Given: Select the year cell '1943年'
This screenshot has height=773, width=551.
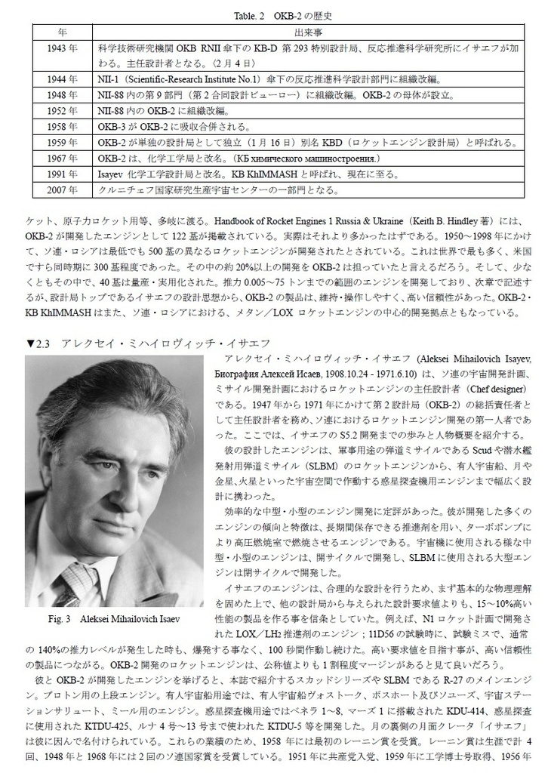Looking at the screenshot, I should [62, 48].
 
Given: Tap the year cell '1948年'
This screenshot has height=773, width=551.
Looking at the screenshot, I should [62, 95].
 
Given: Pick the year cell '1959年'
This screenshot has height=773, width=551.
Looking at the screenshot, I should [62, 142].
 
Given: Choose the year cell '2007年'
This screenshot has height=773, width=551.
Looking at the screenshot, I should [62, 189].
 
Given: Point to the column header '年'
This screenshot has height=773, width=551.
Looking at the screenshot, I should [62, 32].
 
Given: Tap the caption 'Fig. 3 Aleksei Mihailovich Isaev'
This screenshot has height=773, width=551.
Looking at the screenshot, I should [113, 620].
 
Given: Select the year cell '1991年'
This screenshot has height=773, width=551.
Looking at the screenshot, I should [62, 174].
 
